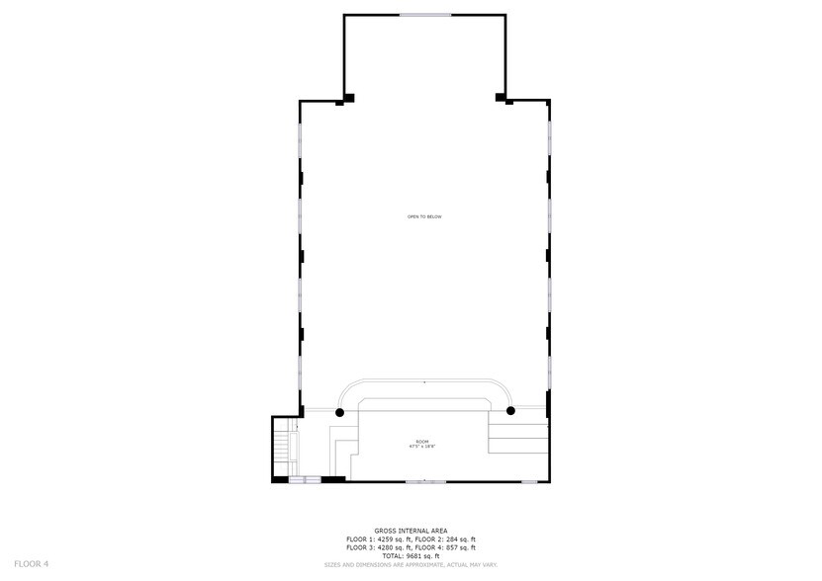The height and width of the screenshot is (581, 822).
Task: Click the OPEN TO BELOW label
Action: point(423,216)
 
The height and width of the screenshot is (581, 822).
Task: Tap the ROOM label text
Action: point(423,440)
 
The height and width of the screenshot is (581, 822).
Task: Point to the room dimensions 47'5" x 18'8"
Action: point(423,447)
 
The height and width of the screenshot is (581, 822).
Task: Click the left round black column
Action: point(340,411)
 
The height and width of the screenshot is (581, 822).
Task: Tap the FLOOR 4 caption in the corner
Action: point(31,564)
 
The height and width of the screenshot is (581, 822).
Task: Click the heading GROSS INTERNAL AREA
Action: point(411,531)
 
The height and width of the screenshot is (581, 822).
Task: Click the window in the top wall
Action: point(425,15)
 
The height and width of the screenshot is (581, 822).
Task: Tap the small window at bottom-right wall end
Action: point(529,481)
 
